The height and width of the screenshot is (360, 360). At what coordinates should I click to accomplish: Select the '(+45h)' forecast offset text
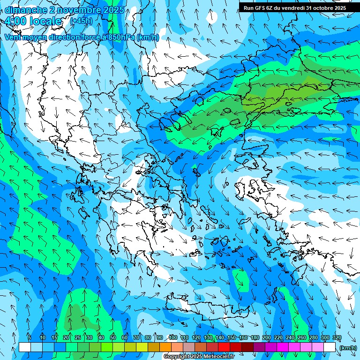(x=81, y=21)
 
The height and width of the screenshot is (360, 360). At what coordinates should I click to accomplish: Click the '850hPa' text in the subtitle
(x=119, y=37)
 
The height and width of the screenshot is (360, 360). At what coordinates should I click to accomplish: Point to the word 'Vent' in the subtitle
(x=14, y=37)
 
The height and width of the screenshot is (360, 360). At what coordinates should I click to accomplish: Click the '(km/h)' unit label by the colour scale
(x=347, y=347)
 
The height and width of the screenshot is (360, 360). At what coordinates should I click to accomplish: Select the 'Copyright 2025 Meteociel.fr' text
(x=199, y=357)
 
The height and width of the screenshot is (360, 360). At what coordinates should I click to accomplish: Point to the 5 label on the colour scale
(x=30, y=337)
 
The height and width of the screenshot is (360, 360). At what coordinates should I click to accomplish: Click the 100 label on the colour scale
(x=172, y=337)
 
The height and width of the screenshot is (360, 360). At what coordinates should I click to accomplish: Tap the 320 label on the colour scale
(x=337, y=337)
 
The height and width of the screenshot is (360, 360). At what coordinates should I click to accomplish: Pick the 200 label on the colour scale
(x=266, y=337)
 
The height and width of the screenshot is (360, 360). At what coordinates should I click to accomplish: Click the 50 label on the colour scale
(x=113, y=337)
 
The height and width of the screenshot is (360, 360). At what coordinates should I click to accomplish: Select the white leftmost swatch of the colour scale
(x=25, y=347)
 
